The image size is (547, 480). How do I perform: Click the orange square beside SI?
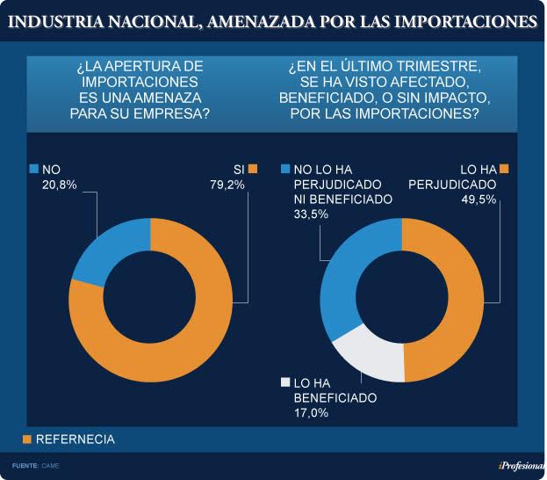pyautogui.click(x=253, y=169)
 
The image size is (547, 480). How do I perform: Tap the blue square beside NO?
pyautogui.click(x=34, y=169)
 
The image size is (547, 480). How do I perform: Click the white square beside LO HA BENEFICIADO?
pyautogui.click(x=284, y=382)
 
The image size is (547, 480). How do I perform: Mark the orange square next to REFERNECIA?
pyautogui.click(x=26, y=439)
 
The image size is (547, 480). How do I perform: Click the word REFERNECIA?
pyautogui.click(x=75, y=439)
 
